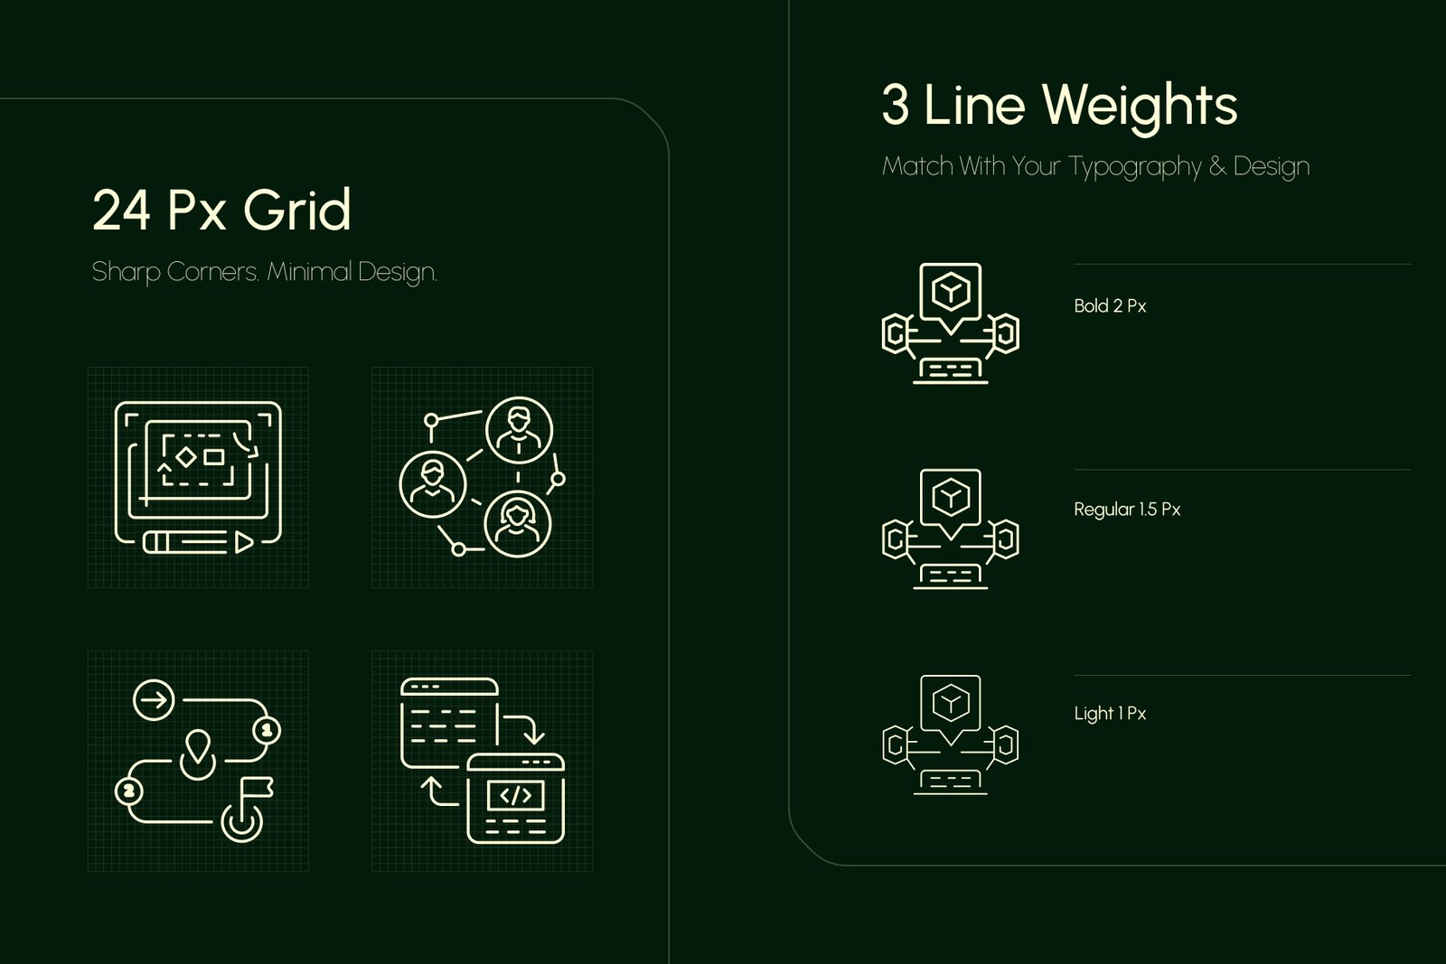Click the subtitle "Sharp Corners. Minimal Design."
(265, 272)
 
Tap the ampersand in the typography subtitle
(1216, 166)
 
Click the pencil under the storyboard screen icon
(198, 543)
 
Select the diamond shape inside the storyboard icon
(186, 457)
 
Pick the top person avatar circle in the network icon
(519, 430)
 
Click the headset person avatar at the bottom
(517, 524)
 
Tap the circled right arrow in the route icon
(154, 699)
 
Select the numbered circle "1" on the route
(266, 730)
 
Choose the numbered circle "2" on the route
(128, 791)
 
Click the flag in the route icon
(255, 789)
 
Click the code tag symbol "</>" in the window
(516, 796)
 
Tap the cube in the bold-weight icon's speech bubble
(950, 291)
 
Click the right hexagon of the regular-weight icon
(1006, 538)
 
